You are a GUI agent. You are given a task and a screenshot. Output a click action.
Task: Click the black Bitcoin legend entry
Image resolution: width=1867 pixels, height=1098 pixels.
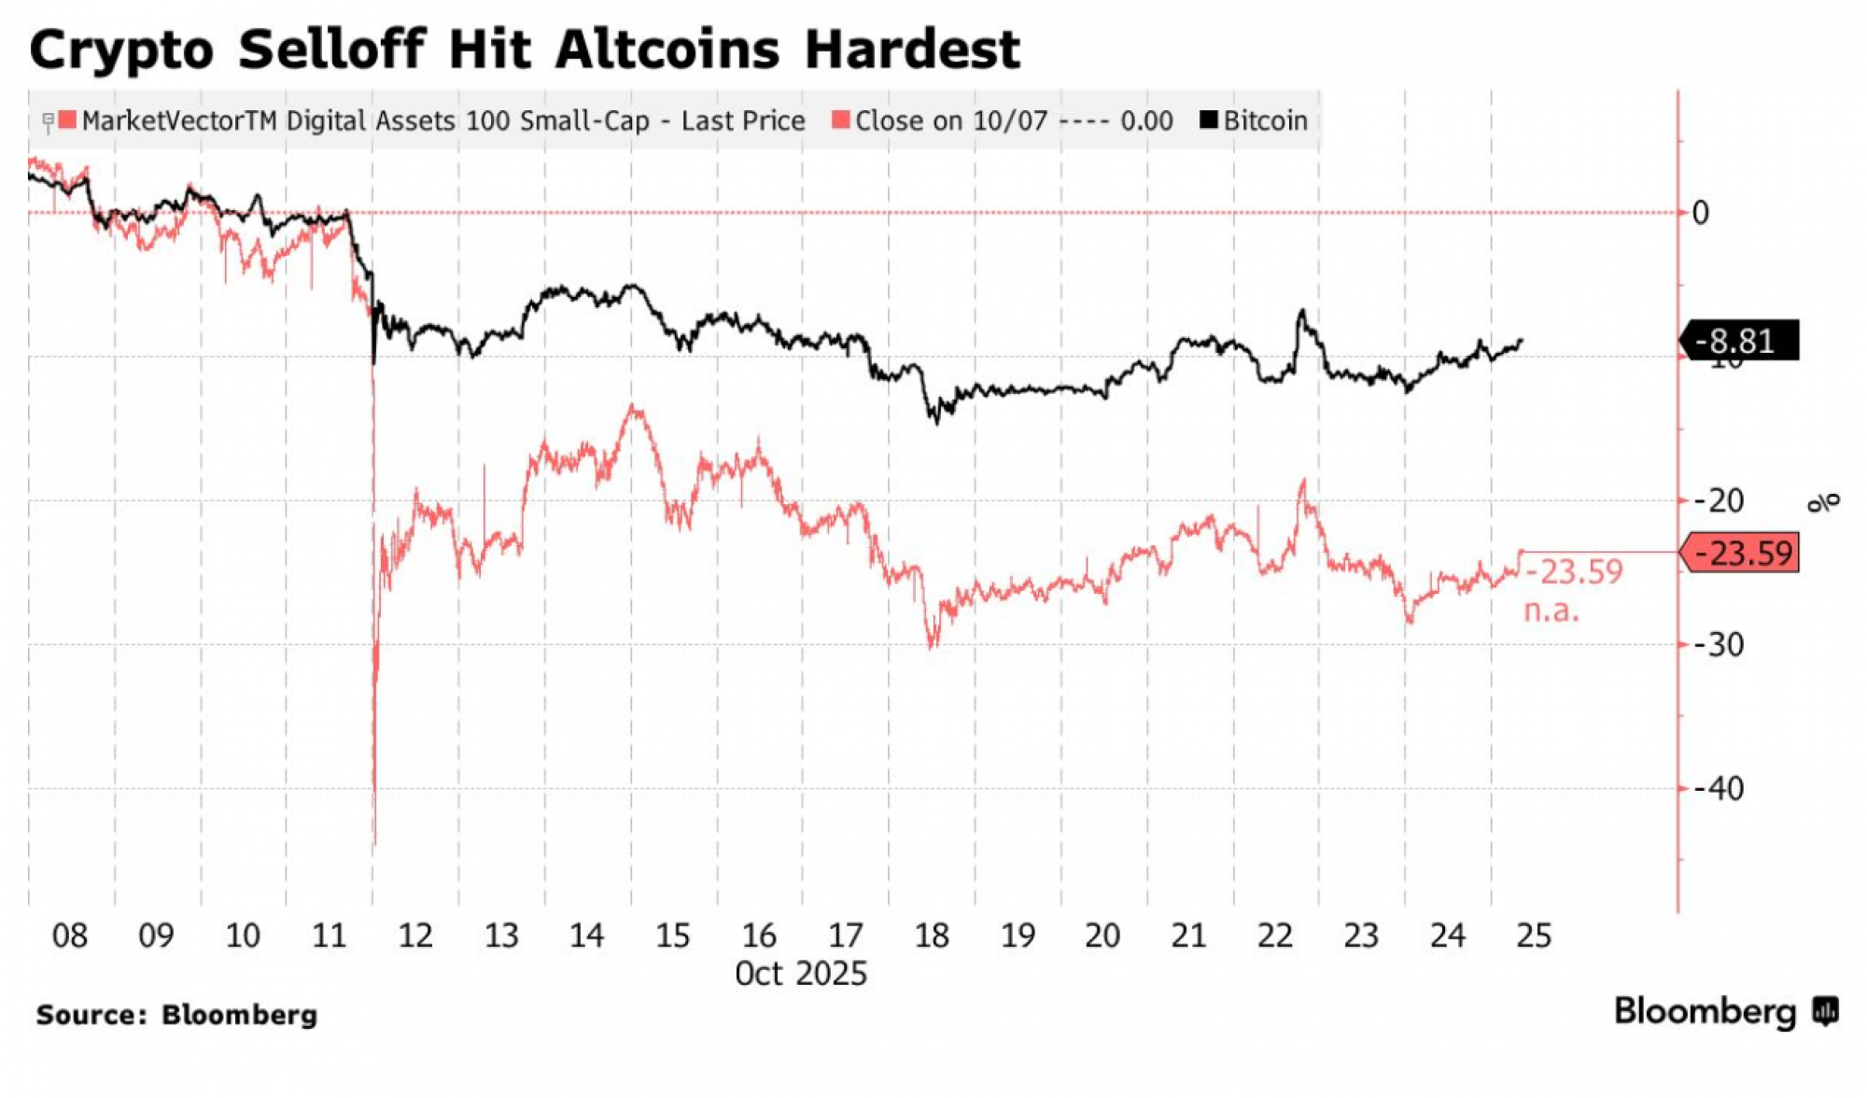point(1254,120)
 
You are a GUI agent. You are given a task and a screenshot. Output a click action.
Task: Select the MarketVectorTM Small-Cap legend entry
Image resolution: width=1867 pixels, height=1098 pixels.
point(432,120)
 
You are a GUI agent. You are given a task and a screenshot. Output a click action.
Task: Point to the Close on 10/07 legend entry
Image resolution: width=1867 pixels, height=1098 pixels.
point(1002,120)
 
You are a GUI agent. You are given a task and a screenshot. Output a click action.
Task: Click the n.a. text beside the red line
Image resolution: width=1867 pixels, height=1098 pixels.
point(1551,612)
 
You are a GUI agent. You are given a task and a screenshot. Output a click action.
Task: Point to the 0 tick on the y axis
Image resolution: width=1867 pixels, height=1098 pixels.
point(1701,213)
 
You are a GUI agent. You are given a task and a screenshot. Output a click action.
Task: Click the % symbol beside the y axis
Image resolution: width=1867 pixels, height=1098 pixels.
point(1823,502)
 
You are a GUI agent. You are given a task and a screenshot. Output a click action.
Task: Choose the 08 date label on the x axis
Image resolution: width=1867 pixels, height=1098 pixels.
point(70,936)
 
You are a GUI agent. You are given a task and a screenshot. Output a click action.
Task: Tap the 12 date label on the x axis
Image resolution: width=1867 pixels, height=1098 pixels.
point(415,936)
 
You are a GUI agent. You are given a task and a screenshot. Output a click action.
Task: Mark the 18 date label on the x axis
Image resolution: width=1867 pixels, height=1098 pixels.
point(932,936)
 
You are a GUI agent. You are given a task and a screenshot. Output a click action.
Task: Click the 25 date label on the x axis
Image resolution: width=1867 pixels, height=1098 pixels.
point(1535,936)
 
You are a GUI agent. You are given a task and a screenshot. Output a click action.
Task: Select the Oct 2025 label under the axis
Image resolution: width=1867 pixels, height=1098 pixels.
point(801,974)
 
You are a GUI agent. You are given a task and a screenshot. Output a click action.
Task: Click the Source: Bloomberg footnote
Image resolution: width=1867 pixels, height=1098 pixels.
point(176,1015)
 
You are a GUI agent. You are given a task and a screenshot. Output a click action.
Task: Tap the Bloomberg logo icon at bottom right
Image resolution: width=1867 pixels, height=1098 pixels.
point(1826,1012)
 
